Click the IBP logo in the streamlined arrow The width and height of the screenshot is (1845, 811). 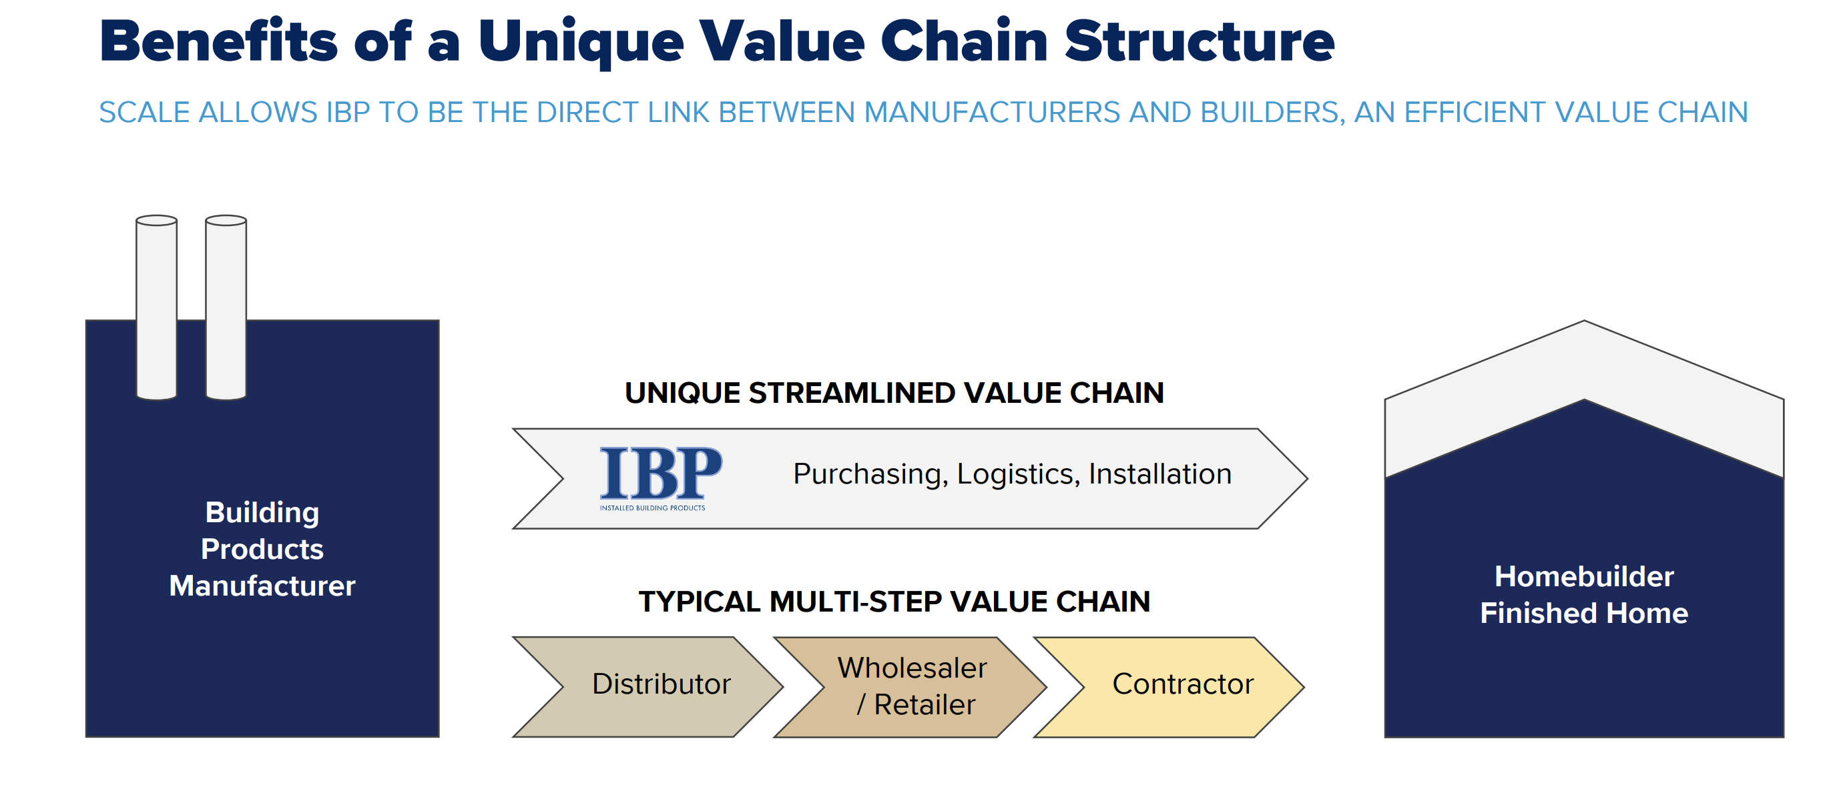(x=660, y=473)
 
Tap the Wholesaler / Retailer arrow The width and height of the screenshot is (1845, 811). (x=912, y=686)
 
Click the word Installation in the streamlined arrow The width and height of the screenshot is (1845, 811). (x=1159, y=474)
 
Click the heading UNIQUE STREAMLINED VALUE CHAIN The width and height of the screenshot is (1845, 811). (x=894, y=393)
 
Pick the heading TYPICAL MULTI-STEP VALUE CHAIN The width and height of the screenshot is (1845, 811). (x=894, y=602)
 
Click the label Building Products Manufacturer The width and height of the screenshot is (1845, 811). (x=262, y=549)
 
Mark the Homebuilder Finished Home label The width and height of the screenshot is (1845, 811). (x=1583, y=594)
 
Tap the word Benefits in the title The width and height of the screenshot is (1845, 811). (x=218, y=41)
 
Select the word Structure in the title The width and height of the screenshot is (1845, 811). (x=1199, y=41)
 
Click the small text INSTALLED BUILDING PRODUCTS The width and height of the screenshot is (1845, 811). (x=651, y=508)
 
